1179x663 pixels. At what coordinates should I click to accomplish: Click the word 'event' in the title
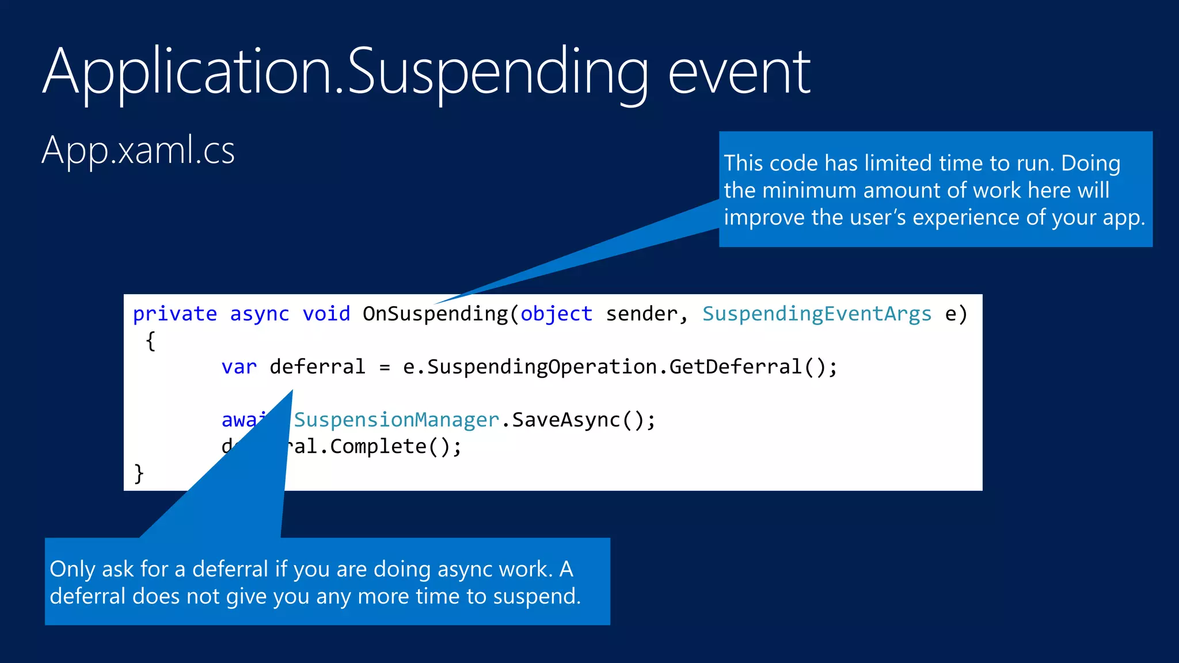coord(739,74)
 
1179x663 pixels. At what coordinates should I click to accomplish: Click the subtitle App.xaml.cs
coord(138,151)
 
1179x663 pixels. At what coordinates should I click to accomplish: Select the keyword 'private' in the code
coord(174,314)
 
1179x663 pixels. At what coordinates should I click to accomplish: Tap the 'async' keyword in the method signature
coord(259,314)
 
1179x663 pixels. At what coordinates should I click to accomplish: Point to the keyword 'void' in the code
coord(326,314)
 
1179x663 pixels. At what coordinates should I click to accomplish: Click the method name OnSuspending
coord(435,314)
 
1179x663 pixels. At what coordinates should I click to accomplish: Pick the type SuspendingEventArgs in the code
coord(816,314)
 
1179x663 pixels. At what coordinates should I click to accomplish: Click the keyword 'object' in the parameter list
coord(556,314)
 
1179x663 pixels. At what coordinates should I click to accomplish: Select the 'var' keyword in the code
coord(239,367)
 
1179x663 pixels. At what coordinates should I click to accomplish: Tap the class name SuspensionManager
coord(396,420)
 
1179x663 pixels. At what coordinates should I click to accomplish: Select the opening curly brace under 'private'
coord(150,341)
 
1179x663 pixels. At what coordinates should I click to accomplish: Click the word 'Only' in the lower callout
coord(73,569)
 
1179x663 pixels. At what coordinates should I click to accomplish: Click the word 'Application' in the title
coord(187,74)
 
